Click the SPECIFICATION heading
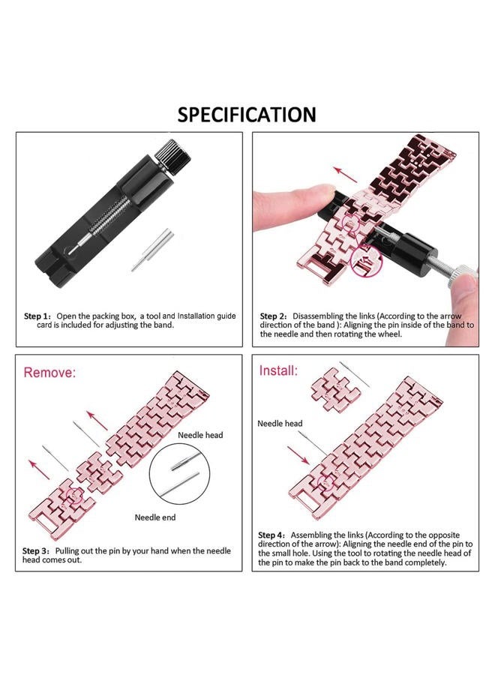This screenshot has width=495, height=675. pos(247,115)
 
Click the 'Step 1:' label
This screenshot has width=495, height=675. pos(37,316)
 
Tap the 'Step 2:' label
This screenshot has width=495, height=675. pos(274,316)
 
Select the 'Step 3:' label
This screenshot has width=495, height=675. pos(37,550)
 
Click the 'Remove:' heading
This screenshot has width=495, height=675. pos(50,373)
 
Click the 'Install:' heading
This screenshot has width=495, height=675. pos(278,370)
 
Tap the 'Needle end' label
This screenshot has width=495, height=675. pos(155,517)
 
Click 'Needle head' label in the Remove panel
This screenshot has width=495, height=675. pos(200,434)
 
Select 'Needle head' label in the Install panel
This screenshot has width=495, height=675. pos(280,424)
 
